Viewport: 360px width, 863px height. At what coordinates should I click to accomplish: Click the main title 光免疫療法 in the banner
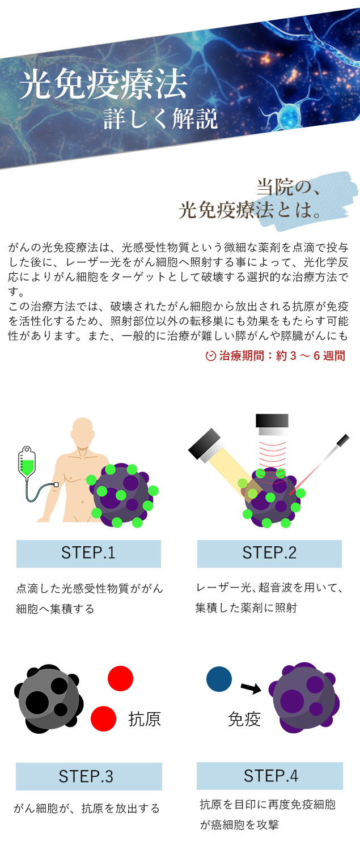[104, 86]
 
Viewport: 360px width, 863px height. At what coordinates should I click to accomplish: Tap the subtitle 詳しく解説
[161, 120]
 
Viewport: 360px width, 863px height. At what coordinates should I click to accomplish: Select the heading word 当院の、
[289, 187]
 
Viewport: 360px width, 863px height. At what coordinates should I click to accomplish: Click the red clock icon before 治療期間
[210, 356]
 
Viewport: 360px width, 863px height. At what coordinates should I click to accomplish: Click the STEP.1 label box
[88, 554]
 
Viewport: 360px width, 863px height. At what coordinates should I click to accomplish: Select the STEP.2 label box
[269, 554]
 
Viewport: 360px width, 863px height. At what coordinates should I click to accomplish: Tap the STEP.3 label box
[88, 776]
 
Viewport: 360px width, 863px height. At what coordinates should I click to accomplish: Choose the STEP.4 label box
[269, 776]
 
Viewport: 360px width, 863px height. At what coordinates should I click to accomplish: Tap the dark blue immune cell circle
[219, 679]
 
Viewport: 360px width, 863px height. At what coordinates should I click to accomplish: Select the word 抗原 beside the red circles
[145, 719]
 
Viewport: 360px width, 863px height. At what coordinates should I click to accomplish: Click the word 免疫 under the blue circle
[244, 719]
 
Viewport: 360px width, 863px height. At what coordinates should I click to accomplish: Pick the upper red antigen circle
[120, 678]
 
